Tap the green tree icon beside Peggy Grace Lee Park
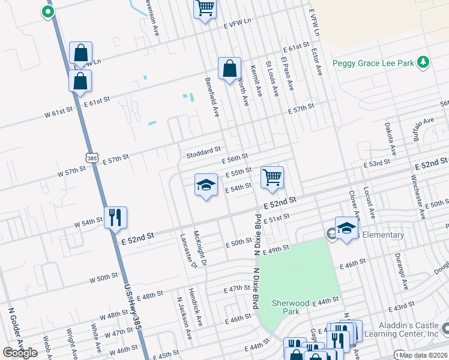click(x=423, y=62)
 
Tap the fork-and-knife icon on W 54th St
click(x=115, y=217)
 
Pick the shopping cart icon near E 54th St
click(x=272, y=178)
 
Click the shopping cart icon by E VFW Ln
click(x=205, y=8)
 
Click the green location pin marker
click(x=47, y=11)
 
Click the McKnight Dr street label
click(x=199, y=248)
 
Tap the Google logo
click(x=20, y=353)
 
